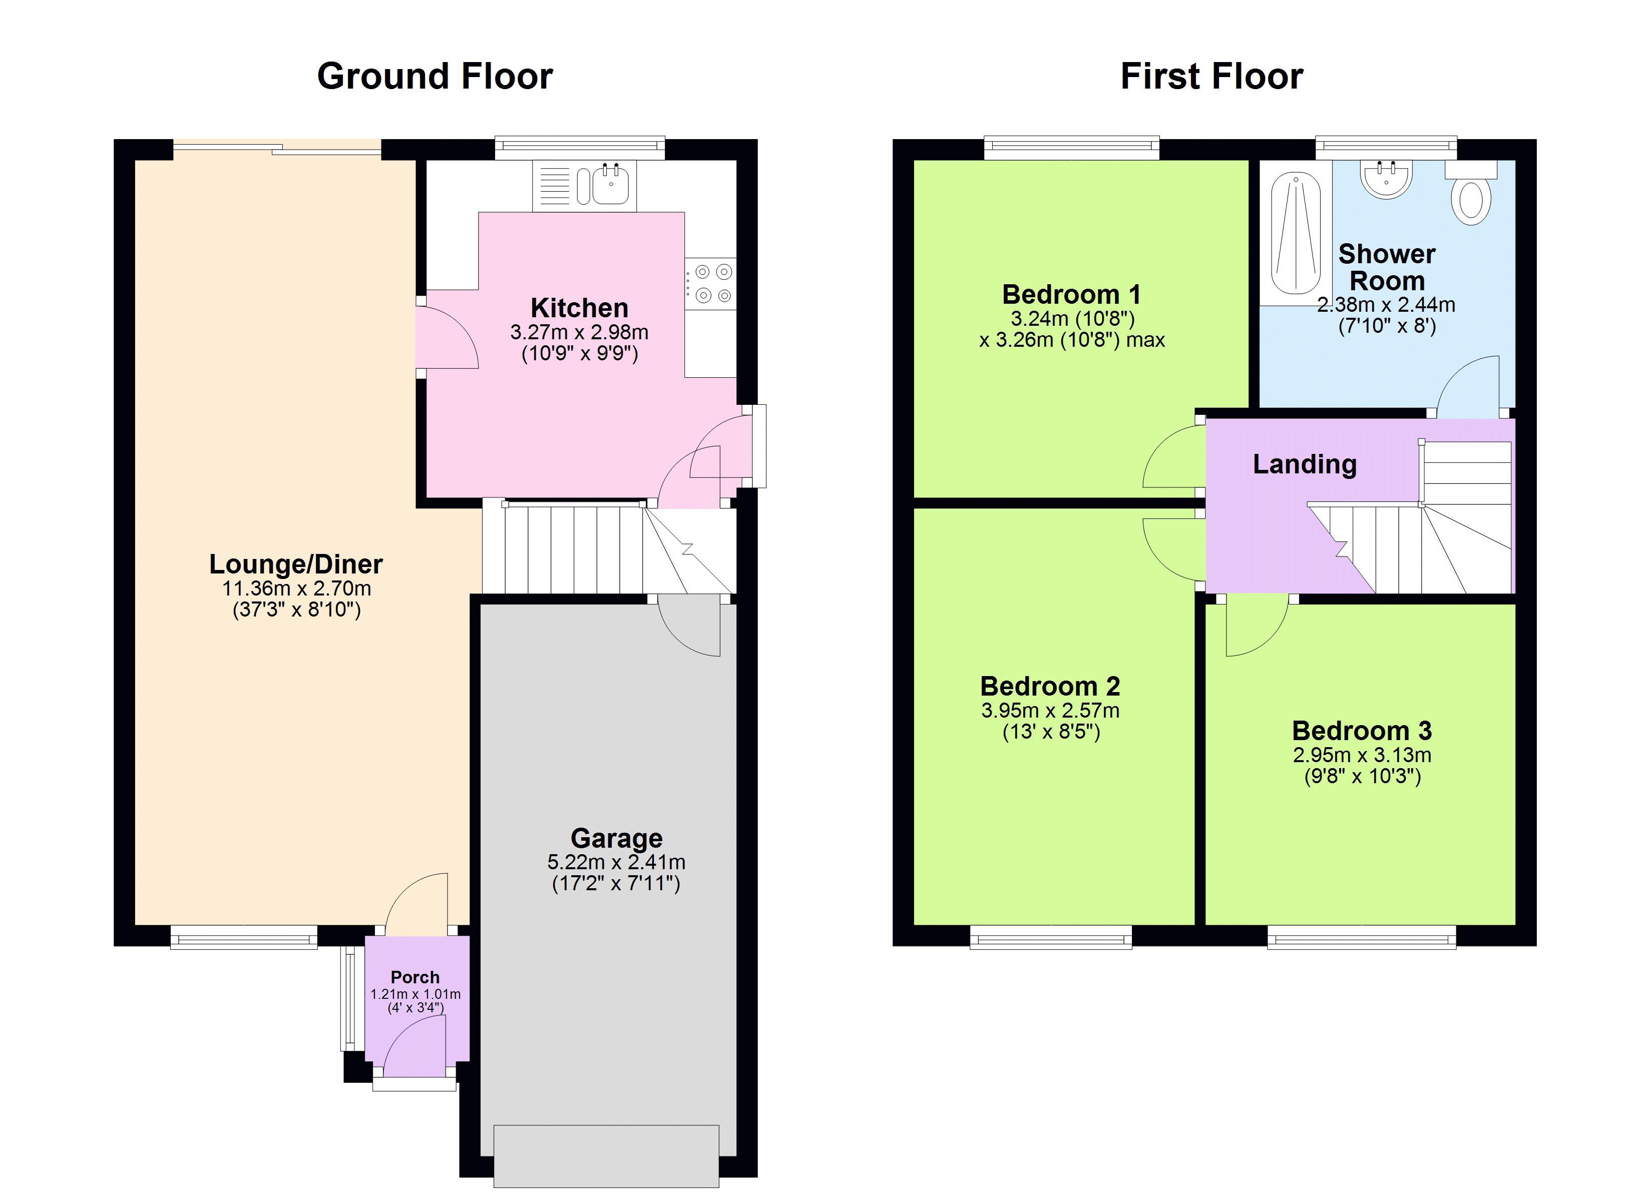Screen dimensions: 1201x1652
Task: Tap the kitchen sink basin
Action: tap(610, 185)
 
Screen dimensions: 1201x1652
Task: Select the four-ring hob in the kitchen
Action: tap(712, 283)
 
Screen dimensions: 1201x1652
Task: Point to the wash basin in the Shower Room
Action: tap(1387, 179)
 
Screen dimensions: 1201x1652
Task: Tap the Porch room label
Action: tap(415, 977)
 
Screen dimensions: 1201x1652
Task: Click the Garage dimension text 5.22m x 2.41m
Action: tap(616, 862)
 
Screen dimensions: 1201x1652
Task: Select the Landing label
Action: tap(1305, 464)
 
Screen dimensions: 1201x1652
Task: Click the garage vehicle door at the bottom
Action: tap(606, 1156)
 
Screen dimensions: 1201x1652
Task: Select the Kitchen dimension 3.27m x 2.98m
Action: tap(579, 332)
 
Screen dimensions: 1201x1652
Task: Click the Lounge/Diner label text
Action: tap(296, 564)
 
